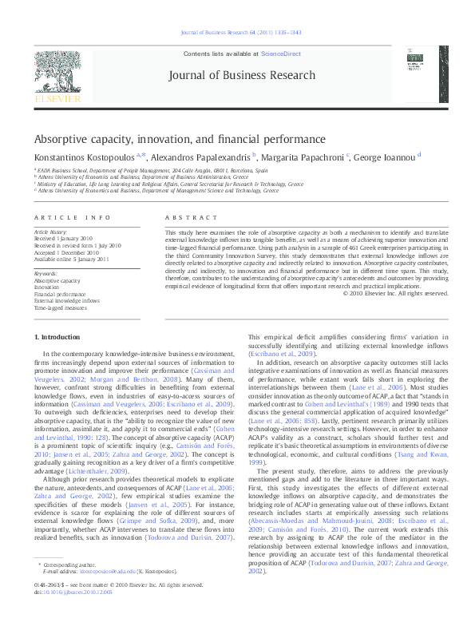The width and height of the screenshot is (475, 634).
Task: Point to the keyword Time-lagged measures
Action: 60,307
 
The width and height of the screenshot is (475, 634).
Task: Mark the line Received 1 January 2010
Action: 63,239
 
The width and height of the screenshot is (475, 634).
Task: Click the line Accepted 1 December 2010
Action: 65,252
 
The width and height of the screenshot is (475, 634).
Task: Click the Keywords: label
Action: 46,274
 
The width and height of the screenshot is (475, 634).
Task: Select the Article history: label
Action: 49,232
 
